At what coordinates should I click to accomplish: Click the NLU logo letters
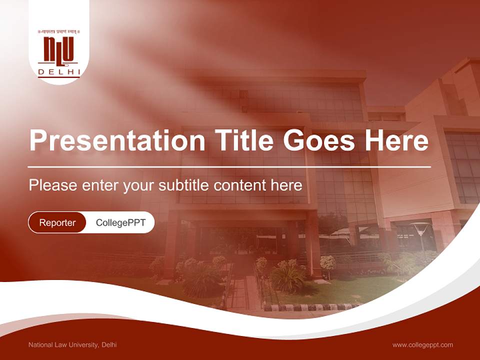point(58,50)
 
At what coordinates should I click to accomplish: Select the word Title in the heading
point(239,140)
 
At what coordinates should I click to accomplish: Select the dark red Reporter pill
point(57,222)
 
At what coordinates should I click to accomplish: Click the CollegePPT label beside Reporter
point(120,222)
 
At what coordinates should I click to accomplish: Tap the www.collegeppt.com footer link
point(422,344)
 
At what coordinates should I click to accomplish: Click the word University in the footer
point(84,344)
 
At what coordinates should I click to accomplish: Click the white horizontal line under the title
point(229,166)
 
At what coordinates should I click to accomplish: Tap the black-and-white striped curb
point(310,307)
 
